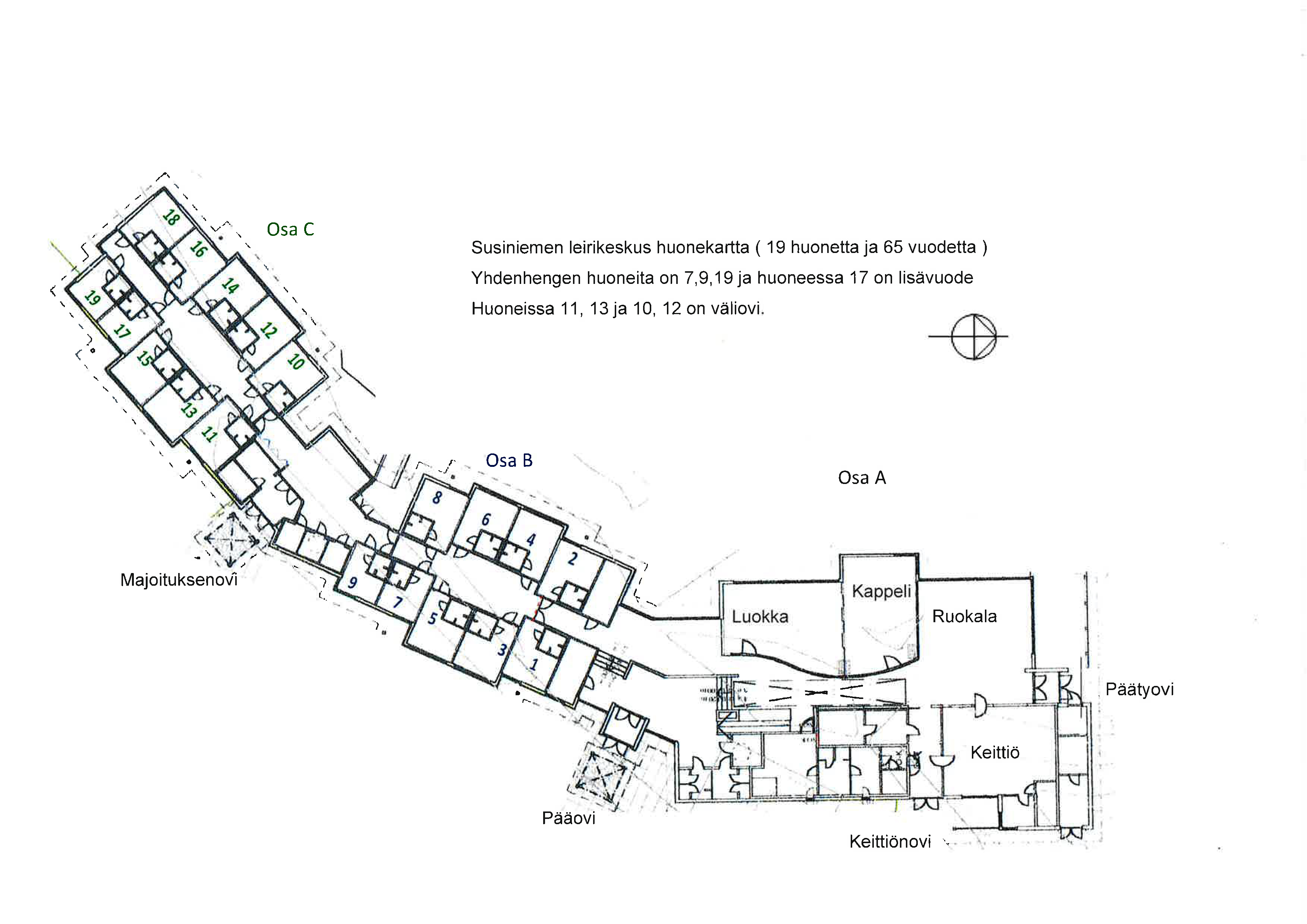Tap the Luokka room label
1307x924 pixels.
click(760, 617)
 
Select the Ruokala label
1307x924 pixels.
click(964, 616)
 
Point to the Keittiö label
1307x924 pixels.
click(995, 752)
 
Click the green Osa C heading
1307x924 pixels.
click(290, 229)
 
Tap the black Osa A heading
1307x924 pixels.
click(862, 478)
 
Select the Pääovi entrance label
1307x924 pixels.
click(568, 818)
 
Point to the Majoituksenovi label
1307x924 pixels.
click(179, 579)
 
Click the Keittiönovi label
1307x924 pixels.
click(890, 842)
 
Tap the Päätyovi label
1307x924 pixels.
click(1139, 690)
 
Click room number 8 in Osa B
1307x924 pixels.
click(437, 497)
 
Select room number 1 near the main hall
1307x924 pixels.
click(534, 664)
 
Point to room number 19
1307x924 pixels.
click(92, 298)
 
